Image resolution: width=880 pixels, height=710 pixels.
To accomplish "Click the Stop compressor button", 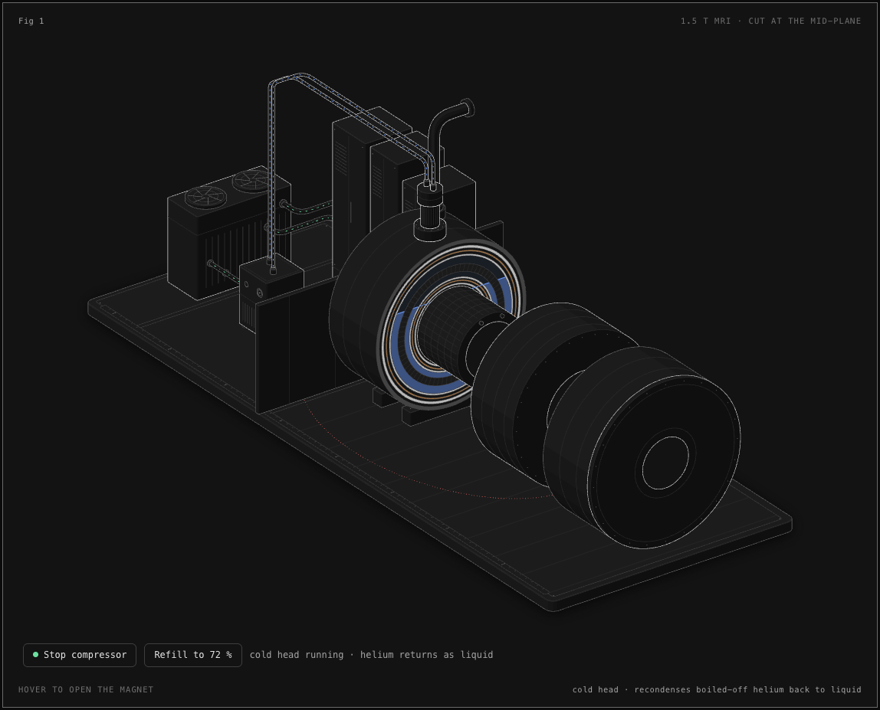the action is point(80,655).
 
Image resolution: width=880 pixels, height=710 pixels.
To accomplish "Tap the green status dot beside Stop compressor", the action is point(36,655).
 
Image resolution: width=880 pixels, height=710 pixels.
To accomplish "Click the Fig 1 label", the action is point(31,21).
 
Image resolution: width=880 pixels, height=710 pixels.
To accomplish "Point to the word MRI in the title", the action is point(722,21).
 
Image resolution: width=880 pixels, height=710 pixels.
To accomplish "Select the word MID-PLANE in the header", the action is point(836,21).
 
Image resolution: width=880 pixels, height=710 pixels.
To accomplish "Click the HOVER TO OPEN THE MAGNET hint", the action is point(86,689).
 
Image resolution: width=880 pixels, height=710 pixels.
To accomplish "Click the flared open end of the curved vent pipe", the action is point(468,108).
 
